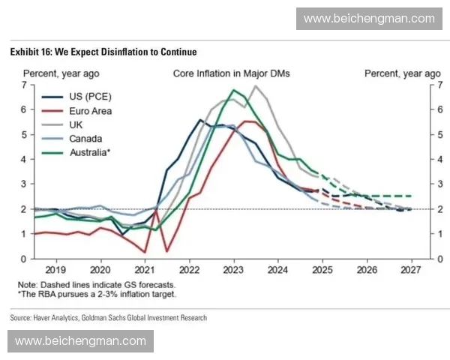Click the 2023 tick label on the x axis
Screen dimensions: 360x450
tap(233, 269)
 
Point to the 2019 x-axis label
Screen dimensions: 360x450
tap(56, 269)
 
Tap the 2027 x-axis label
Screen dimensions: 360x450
tap(410, 269)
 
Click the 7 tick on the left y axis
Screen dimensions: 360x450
tap(24, 85)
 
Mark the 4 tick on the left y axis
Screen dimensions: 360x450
tap(24, 159)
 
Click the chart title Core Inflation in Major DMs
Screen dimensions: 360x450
tap(231, 73)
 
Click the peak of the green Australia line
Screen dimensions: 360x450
tap(234, 90)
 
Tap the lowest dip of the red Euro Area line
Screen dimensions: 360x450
tap(166, 251)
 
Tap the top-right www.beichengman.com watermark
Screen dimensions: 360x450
tap(369, 18)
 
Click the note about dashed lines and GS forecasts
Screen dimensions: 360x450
tap(97, 285)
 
